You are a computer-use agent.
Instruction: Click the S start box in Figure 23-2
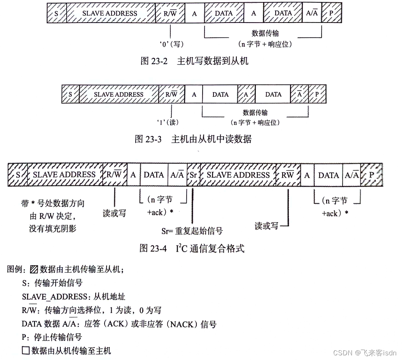coord(56,13)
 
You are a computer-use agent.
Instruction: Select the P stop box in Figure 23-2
coord(332,13)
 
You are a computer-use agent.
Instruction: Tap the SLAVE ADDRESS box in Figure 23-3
coord(119,94)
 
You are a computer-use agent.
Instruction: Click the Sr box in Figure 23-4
coord(193,175)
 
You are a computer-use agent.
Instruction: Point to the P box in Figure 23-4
coord(371,175)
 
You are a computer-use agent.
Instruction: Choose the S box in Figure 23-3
coord(70,94)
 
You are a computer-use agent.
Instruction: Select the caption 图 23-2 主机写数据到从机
coord(194,61)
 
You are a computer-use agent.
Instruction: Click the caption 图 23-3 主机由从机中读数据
coord(193,139)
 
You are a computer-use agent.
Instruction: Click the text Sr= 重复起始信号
coord(192,231)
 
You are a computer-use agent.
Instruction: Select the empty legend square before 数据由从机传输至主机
coord(26,351)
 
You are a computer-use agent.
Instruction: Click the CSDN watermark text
coord(364,353)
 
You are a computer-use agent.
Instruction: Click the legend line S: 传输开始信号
coord(52,283)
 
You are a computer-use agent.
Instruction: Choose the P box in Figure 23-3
coord(316,94)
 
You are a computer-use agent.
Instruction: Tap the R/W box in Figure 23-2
coord(170,13)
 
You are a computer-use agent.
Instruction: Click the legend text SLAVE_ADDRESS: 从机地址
coord(73,297)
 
